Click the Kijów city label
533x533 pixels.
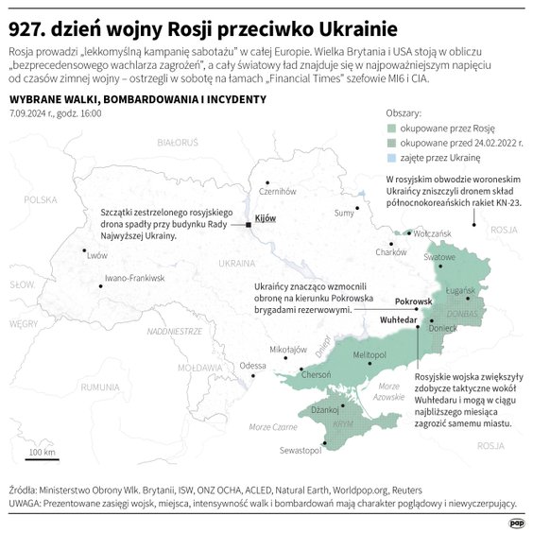coord(266,218)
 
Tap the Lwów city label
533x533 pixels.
coord(96,255)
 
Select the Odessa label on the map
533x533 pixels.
coord(252,366)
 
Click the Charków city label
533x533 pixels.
coord(391,252)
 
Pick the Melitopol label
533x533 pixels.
coord(370,352)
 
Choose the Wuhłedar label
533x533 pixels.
coord(398,321)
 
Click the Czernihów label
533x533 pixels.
coord(278,191)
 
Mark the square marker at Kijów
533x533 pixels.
coord(248,225)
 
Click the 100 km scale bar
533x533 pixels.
coord(42,459)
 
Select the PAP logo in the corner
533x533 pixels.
coord(517,521)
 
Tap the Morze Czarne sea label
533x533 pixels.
coord(272,427)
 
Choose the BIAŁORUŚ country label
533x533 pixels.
coord(177,142)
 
